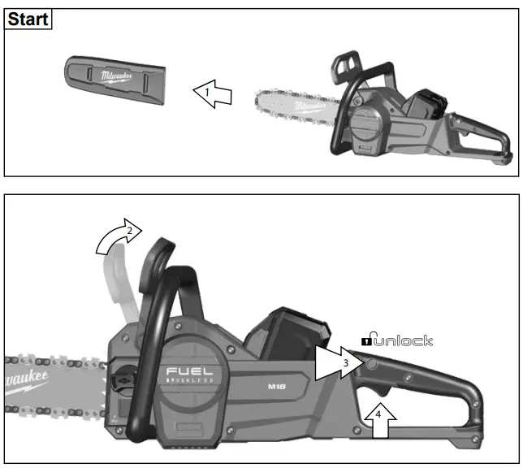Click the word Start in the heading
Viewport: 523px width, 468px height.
point(28,19)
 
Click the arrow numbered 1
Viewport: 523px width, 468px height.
point(212,94)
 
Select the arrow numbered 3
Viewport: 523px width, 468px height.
point(340,363)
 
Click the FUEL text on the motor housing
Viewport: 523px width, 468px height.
point(190,372)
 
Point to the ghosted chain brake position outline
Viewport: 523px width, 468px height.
point(116,284)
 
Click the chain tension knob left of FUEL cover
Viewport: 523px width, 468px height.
point(123,378)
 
